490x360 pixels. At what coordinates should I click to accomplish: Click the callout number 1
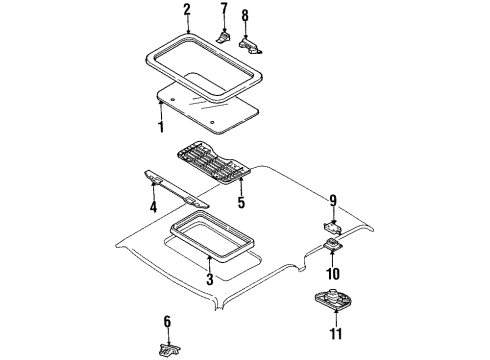click(161, 127)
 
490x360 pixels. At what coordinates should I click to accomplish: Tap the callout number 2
click(187, 10)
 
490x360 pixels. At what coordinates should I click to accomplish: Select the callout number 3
click(210, 279)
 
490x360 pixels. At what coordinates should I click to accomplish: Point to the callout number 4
click(153, 207)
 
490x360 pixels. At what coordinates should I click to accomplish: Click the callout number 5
click(241, 202)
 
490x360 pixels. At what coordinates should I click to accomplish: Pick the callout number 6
click(167, 322)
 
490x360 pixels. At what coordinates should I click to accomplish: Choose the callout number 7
click(224, 9)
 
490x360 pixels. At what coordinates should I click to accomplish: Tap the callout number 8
click(245, 15)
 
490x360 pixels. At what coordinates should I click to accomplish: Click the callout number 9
click(333, 201)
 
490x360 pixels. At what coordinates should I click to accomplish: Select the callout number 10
click(333, 274)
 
